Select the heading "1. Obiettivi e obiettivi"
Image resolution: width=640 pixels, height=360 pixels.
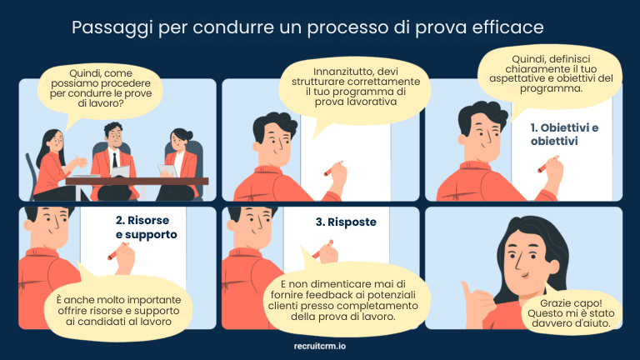565,134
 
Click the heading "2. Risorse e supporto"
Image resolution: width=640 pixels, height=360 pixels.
146,228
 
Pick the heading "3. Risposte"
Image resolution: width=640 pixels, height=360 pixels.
345,222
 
